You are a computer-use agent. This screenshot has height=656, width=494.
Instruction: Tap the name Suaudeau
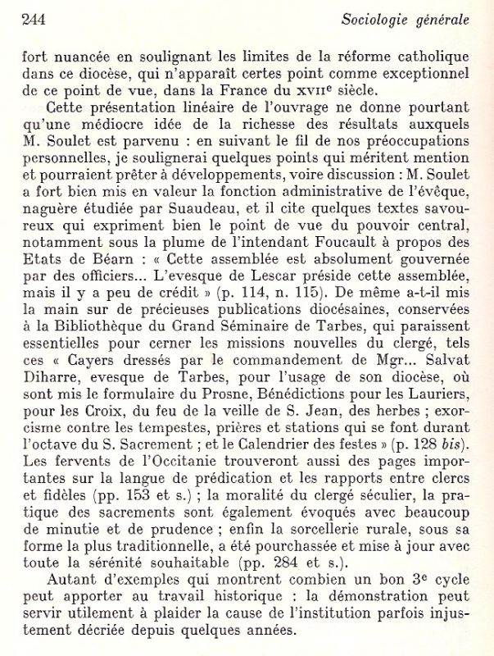(x=211, y=224)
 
